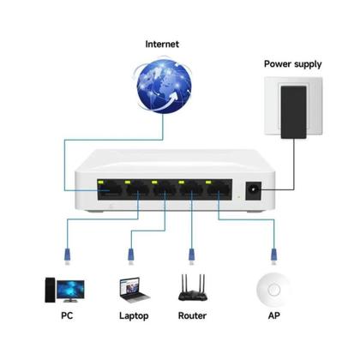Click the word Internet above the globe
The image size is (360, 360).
pyautogui.click(x=163, y=44)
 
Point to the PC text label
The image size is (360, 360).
pyautogui.click(x=67, y=315)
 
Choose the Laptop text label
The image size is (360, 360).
pyautogui.click(x=133, y=315)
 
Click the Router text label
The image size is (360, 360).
pyautogui.click(x=192, y=315)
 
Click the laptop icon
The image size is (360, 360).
pyautogui.click(x=131, y=288)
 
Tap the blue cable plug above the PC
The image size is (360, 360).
pyautogui.click(x=68, y=253)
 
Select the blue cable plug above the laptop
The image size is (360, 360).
pyautogui.click(x=131, y=253)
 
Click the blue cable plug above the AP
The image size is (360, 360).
pyautogui.click(x=273, y=253)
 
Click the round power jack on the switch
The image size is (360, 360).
pyautogui.click(x=254, y=190)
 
